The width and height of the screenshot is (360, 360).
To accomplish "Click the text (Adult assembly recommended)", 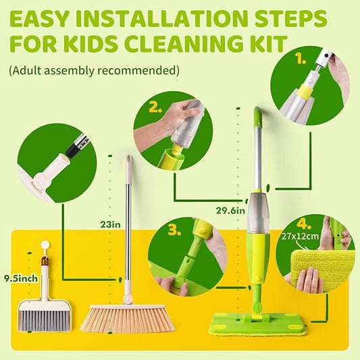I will (x=94, y=70).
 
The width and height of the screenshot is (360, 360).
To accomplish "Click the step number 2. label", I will (x=155, y=106).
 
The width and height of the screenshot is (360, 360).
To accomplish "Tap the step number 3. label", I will (x=174, y=230).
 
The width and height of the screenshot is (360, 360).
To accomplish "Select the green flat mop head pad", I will (x=257, y=326).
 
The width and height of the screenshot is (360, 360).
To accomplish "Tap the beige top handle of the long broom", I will (x=129, y=169).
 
